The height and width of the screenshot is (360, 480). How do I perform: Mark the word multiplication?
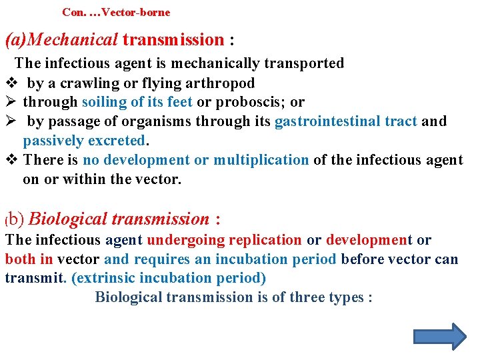coord(261,160)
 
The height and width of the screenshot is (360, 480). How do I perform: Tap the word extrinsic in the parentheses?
coord(108,278)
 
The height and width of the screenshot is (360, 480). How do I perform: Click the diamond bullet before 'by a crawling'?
coord(10,83)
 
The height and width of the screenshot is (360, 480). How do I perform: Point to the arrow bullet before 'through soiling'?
coord(10,102)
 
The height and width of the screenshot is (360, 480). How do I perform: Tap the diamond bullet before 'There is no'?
coord(10,160)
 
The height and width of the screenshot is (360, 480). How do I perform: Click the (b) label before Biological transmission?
coord(15,219)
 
